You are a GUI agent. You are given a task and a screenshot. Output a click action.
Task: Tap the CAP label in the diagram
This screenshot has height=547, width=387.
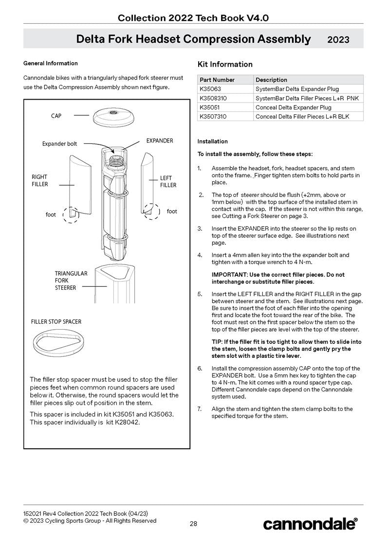pos(56,116)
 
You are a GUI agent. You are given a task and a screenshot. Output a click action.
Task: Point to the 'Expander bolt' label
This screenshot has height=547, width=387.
pos(59,144)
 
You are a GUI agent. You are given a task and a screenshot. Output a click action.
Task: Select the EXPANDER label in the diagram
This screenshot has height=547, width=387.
pos(160,141)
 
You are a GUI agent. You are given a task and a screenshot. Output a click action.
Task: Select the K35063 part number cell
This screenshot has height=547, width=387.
pos(210,89)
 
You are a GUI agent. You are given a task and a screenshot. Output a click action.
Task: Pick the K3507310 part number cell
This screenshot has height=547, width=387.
pos(213,117)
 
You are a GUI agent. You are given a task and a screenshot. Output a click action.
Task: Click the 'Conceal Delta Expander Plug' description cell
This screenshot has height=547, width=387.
pos(293,107)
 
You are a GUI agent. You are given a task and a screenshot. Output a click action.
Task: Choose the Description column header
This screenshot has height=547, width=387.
pos(271,80)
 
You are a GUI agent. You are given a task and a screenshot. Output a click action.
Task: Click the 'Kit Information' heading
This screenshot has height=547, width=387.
pos(225,64)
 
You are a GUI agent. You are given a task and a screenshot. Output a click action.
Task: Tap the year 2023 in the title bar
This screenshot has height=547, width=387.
pos(338,40)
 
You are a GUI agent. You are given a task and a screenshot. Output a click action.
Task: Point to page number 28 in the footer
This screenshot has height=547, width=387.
pos(193,524)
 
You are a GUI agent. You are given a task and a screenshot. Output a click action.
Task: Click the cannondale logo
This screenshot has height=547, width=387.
pos(310,524)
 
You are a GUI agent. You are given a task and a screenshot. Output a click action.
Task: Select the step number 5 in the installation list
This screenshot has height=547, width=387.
pos(200,294)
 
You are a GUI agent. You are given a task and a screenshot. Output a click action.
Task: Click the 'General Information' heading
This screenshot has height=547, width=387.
pos(50,63)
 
